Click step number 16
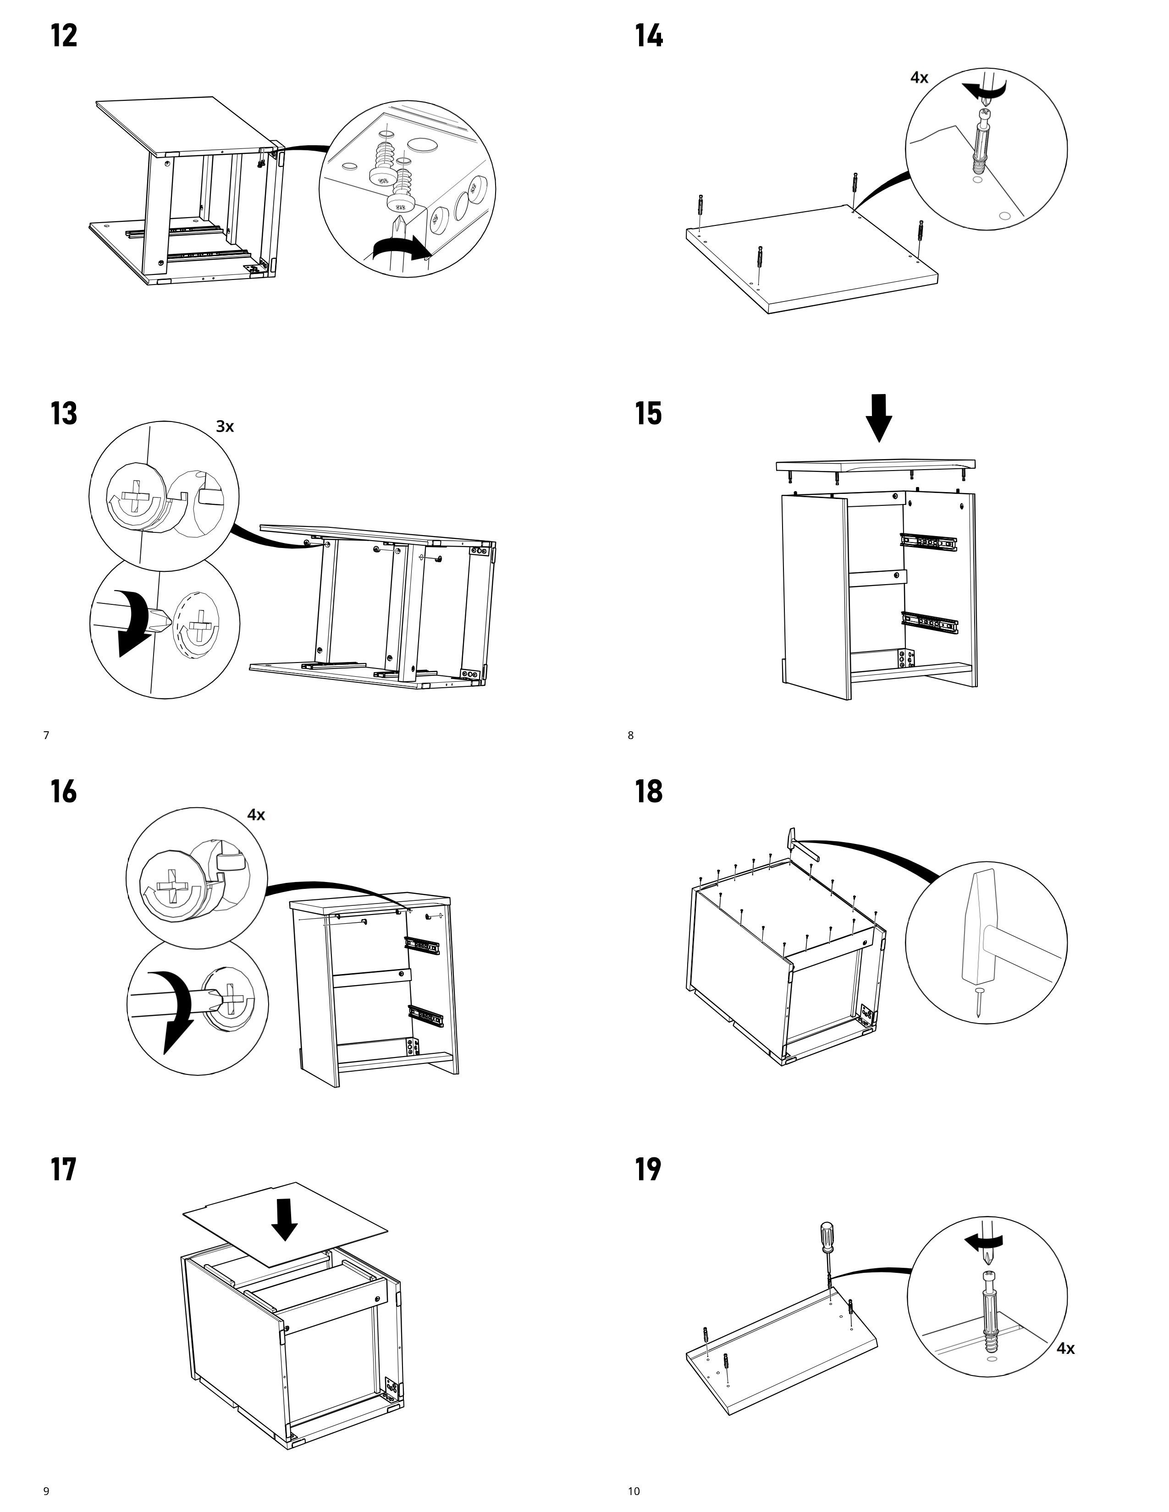(64, 791)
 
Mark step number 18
(649, 791)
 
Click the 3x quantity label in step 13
(225, 427)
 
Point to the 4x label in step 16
(256, 815)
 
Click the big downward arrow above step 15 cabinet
(880, 417)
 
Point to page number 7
(46, 735)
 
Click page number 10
(634, 1490)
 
